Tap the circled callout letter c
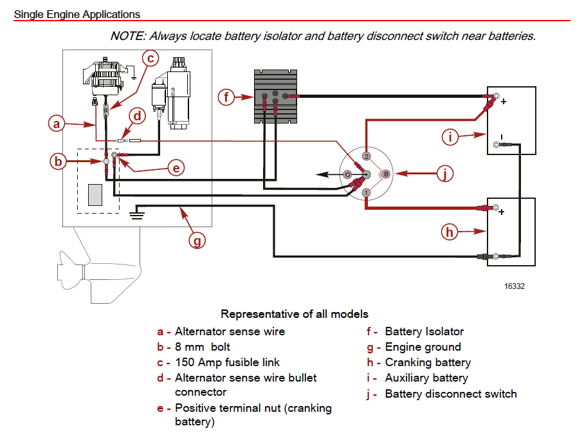click(x=150, y=59)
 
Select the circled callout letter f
click(x=226, y=98)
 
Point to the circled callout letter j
click(x=444, y=174)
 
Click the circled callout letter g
click(x=197, y=241)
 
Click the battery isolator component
click(x=276, y=97)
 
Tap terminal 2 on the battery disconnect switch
click(x=365, y=156)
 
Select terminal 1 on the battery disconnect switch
click(x=365, y=192)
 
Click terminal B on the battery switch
click(x=385, y=174)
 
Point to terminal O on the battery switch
click(x=347, y=174)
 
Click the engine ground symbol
click(x=136, y=213)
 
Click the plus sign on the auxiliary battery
click(x=503, y=101)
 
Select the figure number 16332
click(x=514, y=286)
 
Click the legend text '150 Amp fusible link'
click(x=227, y=362)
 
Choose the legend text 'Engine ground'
click(x=423, y=347)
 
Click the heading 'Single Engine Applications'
click(x=77, y=14)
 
